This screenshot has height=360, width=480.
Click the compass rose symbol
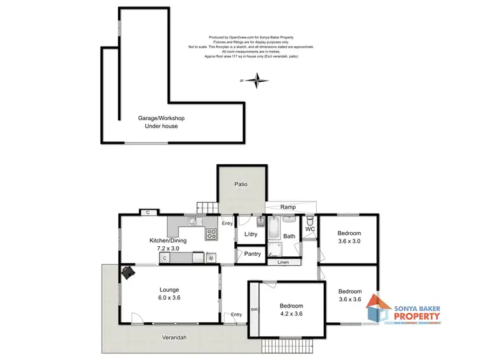257,81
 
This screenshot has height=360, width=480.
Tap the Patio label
240,184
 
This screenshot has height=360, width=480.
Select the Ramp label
287,207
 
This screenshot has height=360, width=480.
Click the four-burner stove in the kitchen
211,234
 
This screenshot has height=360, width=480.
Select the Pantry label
253,254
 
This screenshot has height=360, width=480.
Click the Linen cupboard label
283,262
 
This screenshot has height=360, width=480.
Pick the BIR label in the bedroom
254,309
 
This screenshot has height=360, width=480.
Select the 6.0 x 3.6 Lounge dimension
170,298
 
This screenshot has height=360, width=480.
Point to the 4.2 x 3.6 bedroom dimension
291,314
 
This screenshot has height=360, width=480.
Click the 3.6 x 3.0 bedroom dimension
349,241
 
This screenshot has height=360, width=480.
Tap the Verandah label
174,337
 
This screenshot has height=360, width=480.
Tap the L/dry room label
250,235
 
